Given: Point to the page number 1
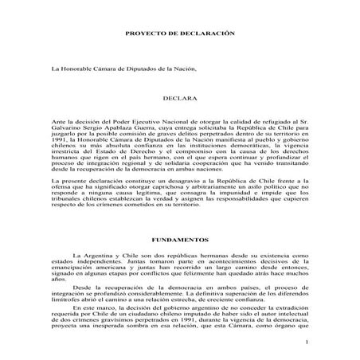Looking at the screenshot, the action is coord(305,342).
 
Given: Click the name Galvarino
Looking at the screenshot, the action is coord(69,127).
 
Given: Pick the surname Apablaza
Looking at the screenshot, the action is coord(133,127).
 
